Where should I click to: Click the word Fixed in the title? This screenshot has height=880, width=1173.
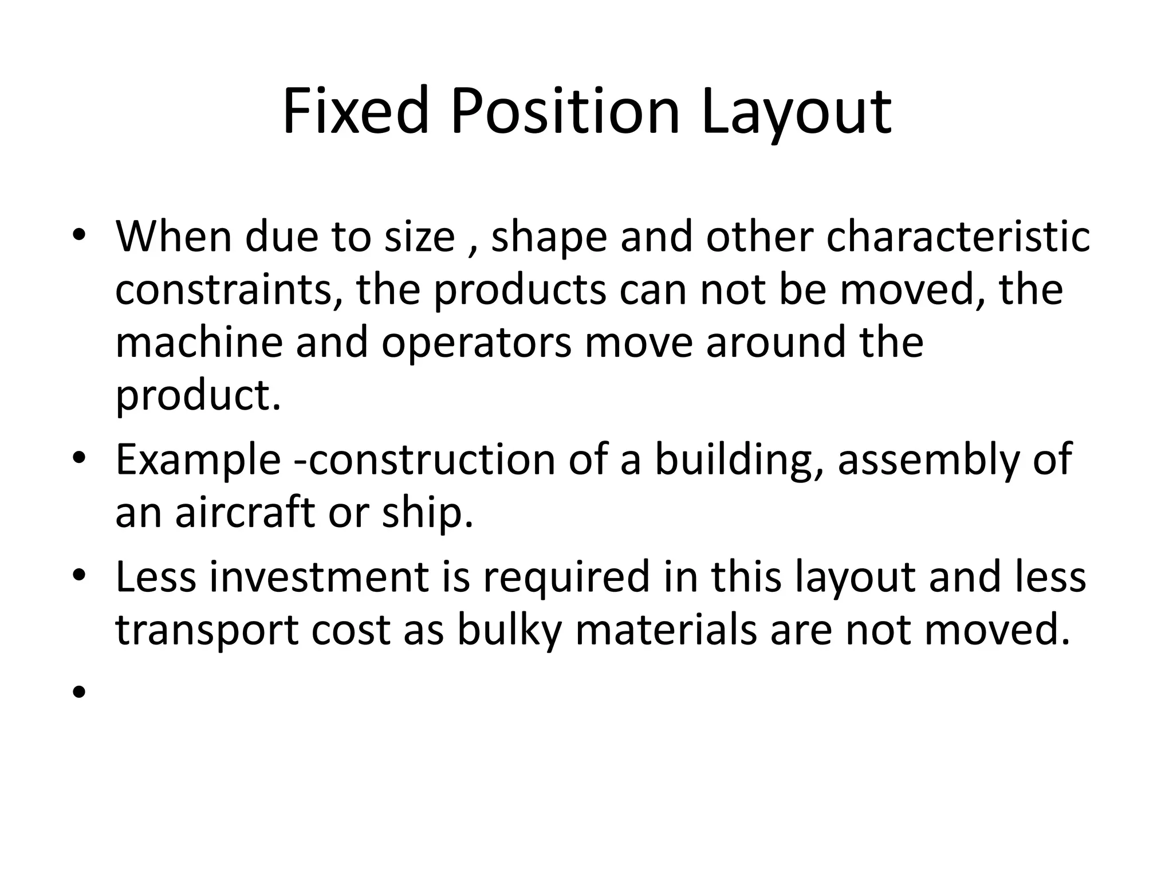(x=355, y=111)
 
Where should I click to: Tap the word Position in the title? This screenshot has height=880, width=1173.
(x=565, y=111)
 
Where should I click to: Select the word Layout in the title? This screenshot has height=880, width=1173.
(x=796, y=111)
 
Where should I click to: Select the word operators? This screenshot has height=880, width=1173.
(x=476, y=342)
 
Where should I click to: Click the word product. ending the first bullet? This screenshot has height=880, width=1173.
(x=198, y=395)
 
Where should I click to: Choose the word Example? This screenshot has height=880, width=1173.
(x=198, y=459)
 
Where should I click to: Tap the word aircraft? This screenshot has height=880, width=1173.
(x=245, y=512)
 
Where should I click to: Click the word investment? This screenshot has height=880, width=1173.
(x=318, y=576)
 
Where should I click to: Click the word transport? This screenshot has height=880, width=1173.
(x=207, y=630)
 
